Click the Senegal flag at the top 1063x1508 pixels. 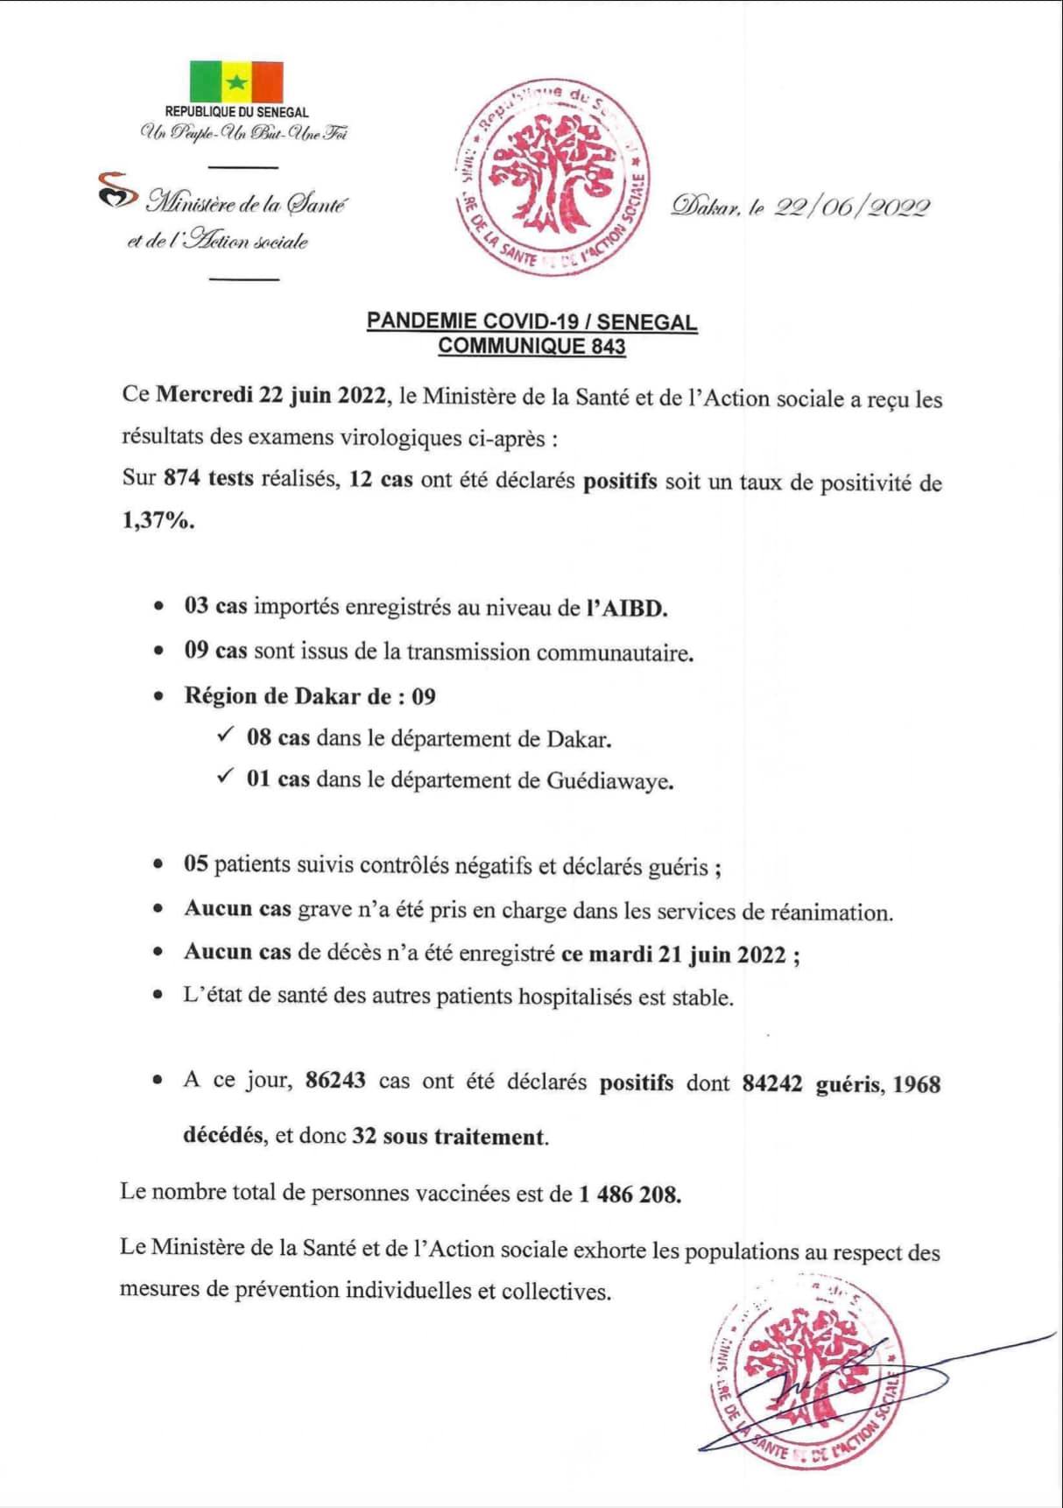click(236, 81)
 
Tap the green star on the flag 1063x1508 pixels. click(236, 82)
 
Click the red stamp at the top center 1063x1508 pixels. click(553, 178)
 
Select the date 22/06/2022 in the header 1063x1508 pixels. click(851, 207)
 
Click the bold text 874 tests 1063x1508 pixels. click(208, 478)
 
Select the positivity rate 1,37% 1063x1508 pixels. click(158, 521)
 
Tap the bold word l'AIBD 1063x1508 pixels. click(627, 608)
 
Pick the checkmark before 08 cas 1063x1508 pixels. click(225, 736)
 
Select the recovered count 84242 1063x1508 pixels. click(772, 1083)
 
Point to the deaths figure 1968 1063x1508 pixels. click(917, 1084)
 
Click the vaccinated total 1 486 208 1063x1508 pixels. click(629, 1194)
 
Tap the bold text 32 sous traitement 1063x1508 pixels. click(449, 1137)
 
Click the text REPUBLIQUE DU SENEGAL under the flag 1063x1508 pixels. click(236, 112)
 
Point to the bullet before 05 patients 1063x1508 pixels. click(158, 865)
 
